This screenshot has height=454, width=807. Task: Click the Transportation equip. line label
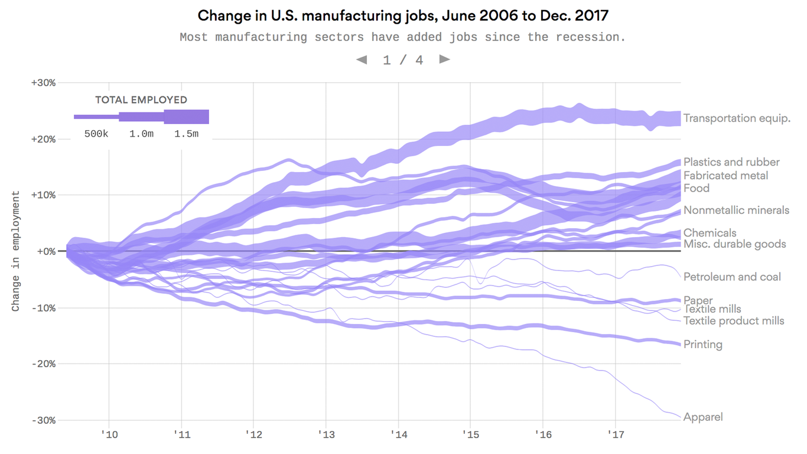pos(736,118)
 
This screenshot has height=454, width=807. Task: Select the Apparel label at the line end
pos(702,417)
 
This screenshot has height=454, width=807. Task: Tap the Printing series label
pos(702,344)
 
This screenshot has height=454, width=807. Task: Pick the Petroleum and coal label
pos(732,277)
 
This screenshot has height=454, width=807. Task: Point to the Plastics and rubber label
pos(731,162)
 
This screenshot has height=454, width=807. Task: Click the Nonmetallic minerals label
pos(736,210)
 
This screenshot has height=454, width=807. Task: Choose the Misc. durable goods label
pos(734,244)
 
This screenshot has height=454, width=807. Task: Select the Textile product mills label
pos(734,320)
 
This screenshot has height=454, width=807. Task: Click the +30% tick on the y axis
pos(44,83)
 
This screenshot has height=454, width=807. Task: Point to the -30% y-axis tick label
pos(44,420)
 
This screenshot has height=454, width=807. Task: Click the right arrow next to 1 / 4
pos(445,59)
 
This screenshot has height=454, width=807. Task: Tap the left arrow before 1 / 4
pos(361,59)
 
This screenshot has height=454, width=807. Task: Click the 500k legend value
pos(96,134)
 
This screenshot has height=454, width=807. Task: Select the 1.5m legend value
pos(186,134)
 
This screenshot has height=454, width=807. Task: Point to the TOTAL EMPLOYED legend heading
pos(141,100)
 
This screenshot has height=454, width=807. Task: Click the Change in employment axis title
pos(16,251)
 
